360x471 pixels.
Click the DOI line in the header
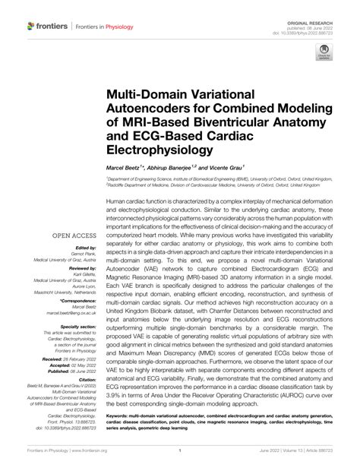tap(317, 19)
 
